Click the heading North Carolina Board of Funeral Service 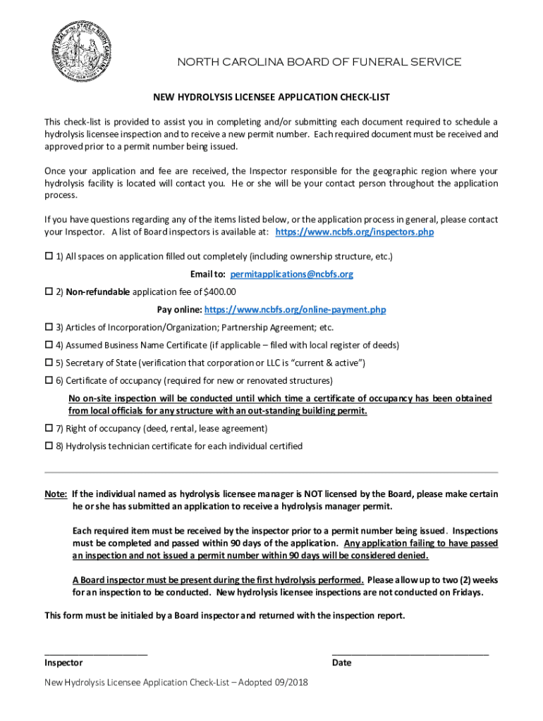pos(318,63)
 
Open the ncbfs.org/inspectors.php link pos(354,232)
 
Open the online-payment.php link pos(295,310)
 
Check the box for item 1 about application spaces pos(49,256)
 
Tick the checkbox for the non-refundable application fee pos(49,292)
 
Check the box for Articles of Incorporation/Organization pos(49,327)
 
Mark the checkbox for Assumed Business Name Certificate pos(49,346)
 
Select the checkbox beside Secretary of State pos(49,363)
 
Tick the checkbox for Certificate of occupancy pos(49,381)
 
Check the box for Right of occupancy pos(49,428)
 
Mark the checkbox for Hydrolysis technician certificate pos(49,446)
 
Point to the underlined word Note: pos(56,494)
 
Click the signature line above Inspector pos(96,653)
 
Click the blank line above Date pos(410,653)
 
